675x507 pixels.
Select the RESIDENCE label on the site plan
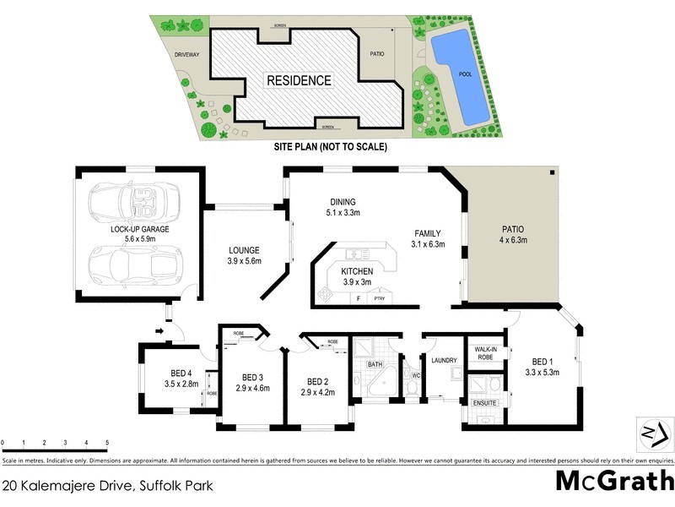300,81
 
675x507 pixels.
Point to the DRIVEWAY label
186,54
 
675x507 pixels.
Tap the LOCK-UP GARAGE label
140,229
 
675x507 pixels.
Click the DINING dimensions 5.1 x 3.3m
344,213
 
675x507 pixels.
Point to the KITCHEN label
357,270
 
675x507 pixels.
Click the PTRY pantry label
380,299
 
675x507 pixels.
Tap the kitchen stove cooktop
327,293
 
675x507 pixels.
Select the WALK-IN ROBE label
484,352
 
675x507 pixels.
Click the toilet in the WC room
411,386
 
